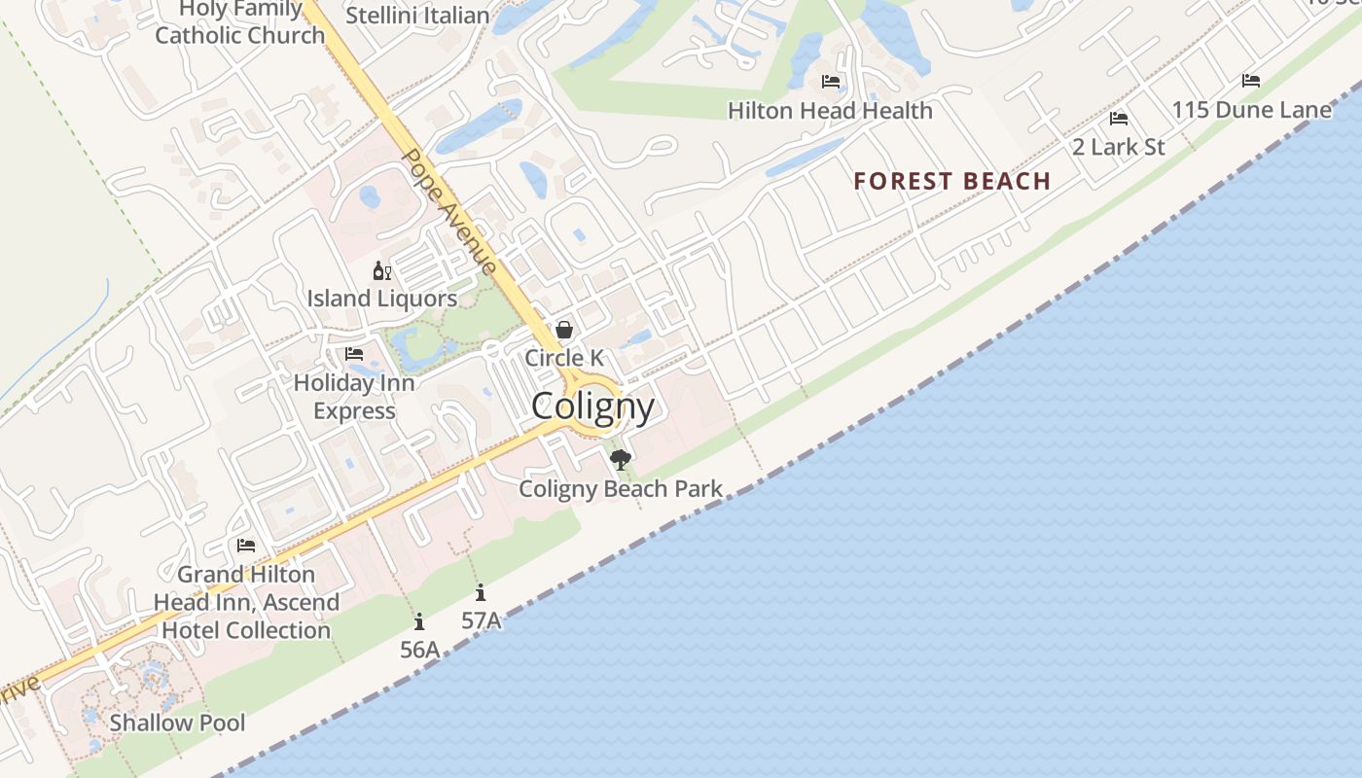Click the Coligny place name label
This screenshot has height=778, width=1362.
[x=592, y=407]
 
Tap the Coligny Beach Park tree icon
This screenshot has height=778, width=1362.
[x=620, y=459]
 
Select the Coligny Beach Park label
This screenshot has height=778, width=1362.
[x=621, y=488]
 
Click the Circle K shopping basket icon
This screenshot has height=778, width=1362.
[x=564, y=331]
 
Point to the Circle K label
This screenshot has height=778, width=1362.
[x=564, y=358]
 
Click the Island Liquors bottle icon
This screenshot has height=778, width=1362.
[x=381, y=270]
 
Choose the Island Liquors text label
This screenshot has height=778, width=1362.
[x=381, y=299]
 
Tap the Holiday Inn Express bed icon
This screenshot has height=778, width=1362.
[x=354, y=354]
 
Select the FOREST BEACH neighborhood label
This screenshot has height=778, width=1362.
[x=952, y=181]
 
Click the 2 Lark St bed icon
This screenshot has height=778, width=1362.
[x=1119, y=119]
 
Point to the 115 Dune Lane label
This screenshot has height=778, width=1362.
[x=1251, y=110]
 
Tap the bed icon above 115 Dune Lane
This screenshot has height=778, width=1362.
[x=1251, y=81]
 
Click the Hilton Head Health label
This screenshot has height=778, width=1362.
[x=830, y=111]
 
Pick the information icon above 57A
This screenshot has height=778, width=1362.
[x=481, y=592]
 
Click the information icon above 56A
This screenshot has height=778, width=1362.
[x=419, y=621]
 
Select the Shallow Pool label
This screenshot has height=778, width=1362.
[x=177, y=723]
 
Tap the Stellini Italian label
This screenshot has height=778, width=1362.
[x=417, y=16]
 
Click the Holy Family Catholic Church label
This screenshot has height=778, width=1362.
[x=240, y=24]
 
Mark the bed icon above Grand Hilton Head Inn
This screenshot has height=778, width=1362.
[x=246, y=546]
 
